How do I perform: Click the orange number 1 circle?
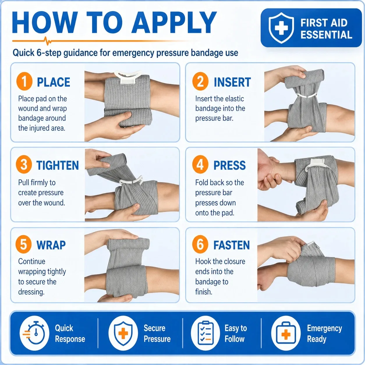(24, 81)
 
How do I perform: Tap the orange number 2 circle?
(200, 81)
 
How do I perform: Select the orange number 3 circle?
(24, 164)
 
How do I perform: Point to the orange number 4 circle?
(200, 164)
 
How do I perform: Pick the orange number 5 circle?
(24, 244)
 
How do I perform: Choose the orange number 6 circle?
(200, 244)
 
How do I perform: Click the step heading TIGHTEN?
(58, 165)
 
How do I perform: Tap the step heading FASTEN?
(232, 245)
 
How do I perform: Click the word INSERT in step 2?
(232, 82)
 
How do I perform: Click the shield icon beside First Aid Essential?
(281, 28)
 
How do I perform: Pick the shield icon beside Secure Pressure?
(123, 333)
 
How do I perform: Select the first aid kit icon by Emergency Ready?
(286, 333)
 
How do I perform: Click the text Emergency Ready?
(324, 333)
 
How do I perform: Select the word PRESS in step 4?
(230, 165)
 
